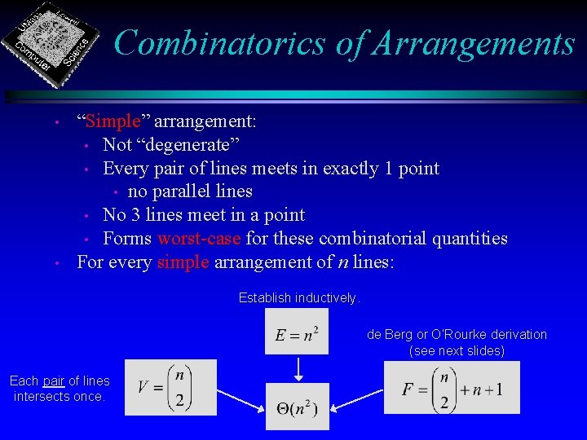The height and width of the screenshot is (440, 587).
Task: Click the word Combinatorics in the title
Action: (x=219, y=42)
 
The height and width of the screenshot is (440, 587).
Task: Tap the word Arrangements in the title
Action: (x=473, y=42)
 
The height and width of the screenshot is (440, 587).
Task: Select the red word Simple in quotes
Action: (x=113, y=121)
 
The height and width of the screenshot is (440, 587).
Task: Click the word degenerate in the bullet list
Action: (x=187, y=145)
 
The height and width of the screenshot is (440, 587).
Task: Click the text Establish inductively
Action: (x=298, y=298)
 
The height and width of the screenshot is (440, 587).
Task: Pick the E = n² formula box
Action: (x=297, y=332)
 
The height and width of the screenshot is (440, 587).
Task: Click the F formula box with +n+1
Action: (x=451, y=387)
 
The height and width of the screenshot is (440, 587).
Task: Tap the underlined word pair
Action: (x=54, y=381)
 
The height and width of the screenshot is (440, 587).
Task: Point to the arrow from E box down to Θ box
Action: (x=298, y=367)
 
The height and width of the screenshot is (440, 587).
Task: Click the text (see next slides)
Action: (x=457, y=350)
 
